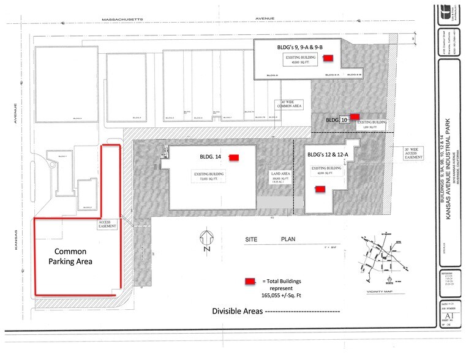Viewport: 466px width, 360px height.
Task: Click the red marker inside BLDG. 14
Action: [x=233, y=157]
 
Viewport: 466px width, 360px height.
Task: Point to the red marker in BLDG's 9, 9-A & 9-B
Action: [x=328, y=58]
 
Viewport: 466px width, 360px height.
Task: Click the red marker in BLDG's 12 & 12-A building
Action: [x=318, y=189]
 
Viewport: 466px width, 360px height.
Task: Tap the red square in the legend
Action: [x=249, y=281]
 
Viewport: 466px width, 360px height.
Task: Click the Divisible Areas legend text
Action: [x=238, y=311]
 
